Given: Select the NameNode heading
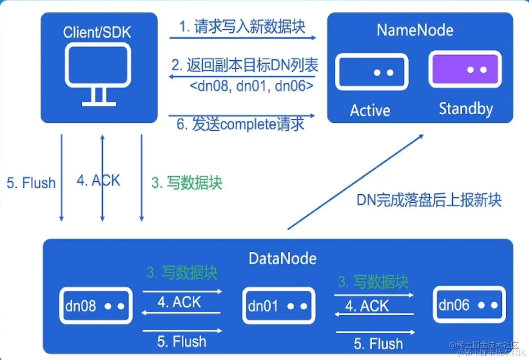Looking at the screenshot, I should (415, 30).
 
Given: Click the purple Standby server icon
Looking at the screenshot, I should (465, 69).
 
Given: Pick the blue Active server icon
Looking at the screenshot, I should (371, 72).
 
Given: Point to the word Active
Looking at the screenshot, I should (370, 110).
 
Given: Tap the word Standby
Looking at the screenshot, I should (465, 109).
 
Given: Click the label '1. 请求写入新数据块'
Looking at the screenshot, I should (242, 27).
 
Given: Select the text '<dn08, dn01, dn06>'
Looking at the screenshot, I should (251, 86).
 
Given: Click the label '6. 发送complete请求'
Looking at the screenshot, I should (241, 124).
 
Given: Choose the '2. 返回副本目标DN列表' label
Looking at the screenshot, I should (245, 65).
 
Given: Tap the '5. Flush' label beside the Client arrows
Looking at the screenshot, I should (31, 183).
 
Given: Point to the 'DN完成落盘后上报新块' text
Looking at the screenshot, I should (429, 200).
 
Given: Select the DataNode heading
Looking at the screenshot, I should (282, 258).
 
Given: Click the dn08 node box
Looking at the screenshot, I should (95, 306).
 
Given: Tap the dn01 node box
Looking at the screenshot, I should (278, 306).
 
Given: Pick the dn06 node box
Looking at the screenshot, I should (469, 305).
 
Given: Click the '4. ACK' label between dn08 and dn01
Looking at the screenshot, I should (179, 302).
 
